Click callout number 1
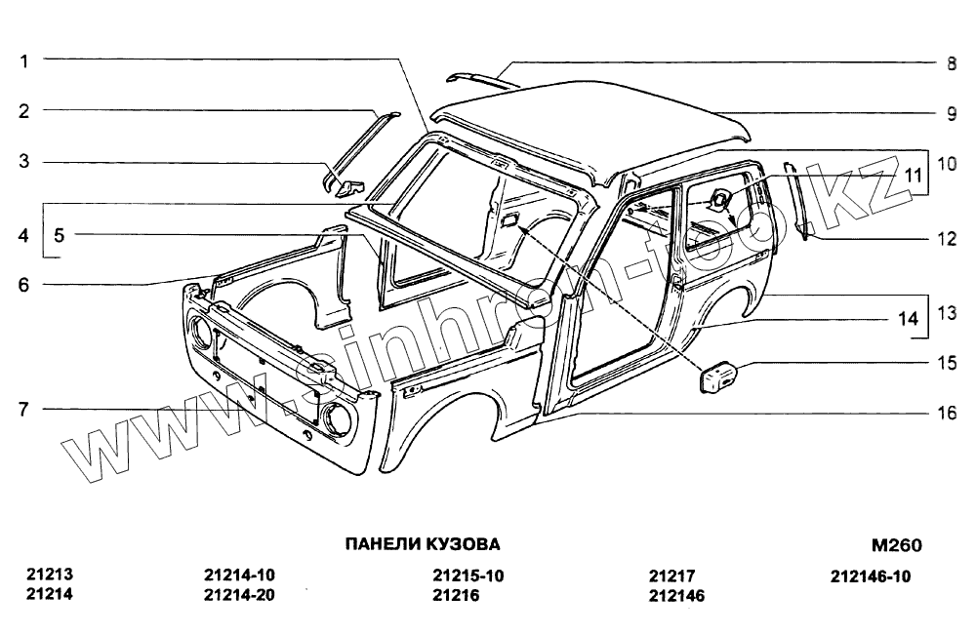[24, 60]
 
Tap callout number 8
[950, 64]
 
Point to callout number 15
[946, 363]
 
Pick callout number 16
[946, 413]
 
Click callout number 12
[946, 238]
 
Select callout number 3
[24, 162]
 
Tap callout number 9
[950, 113]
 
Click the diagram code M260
[896, 545]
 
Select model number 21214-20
[240, 594]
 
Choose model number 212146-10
[871, 575]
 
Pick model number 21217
[670, 575]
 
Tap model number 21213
[50, 575]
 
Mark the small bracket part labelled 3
[344, 185]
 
